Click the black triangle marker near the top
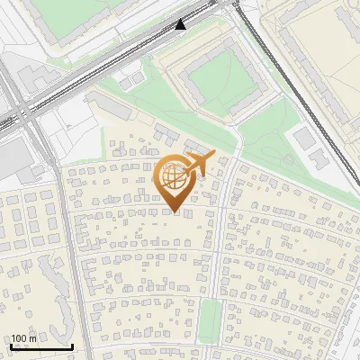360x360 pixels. [x=181, y=24]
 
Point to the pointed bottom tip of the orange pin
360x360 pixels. [x=175, y=212]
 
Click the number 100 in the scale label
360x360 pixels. [x=20, y=338]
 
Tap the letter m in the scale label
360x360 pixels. [x=33, y=338]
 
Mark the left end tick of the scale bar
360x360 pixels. [x=10, y=346]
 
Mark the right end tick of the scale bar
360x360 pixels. [x=72, y=346]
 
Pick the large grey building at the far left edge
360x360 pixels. [x=13, y=158]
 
